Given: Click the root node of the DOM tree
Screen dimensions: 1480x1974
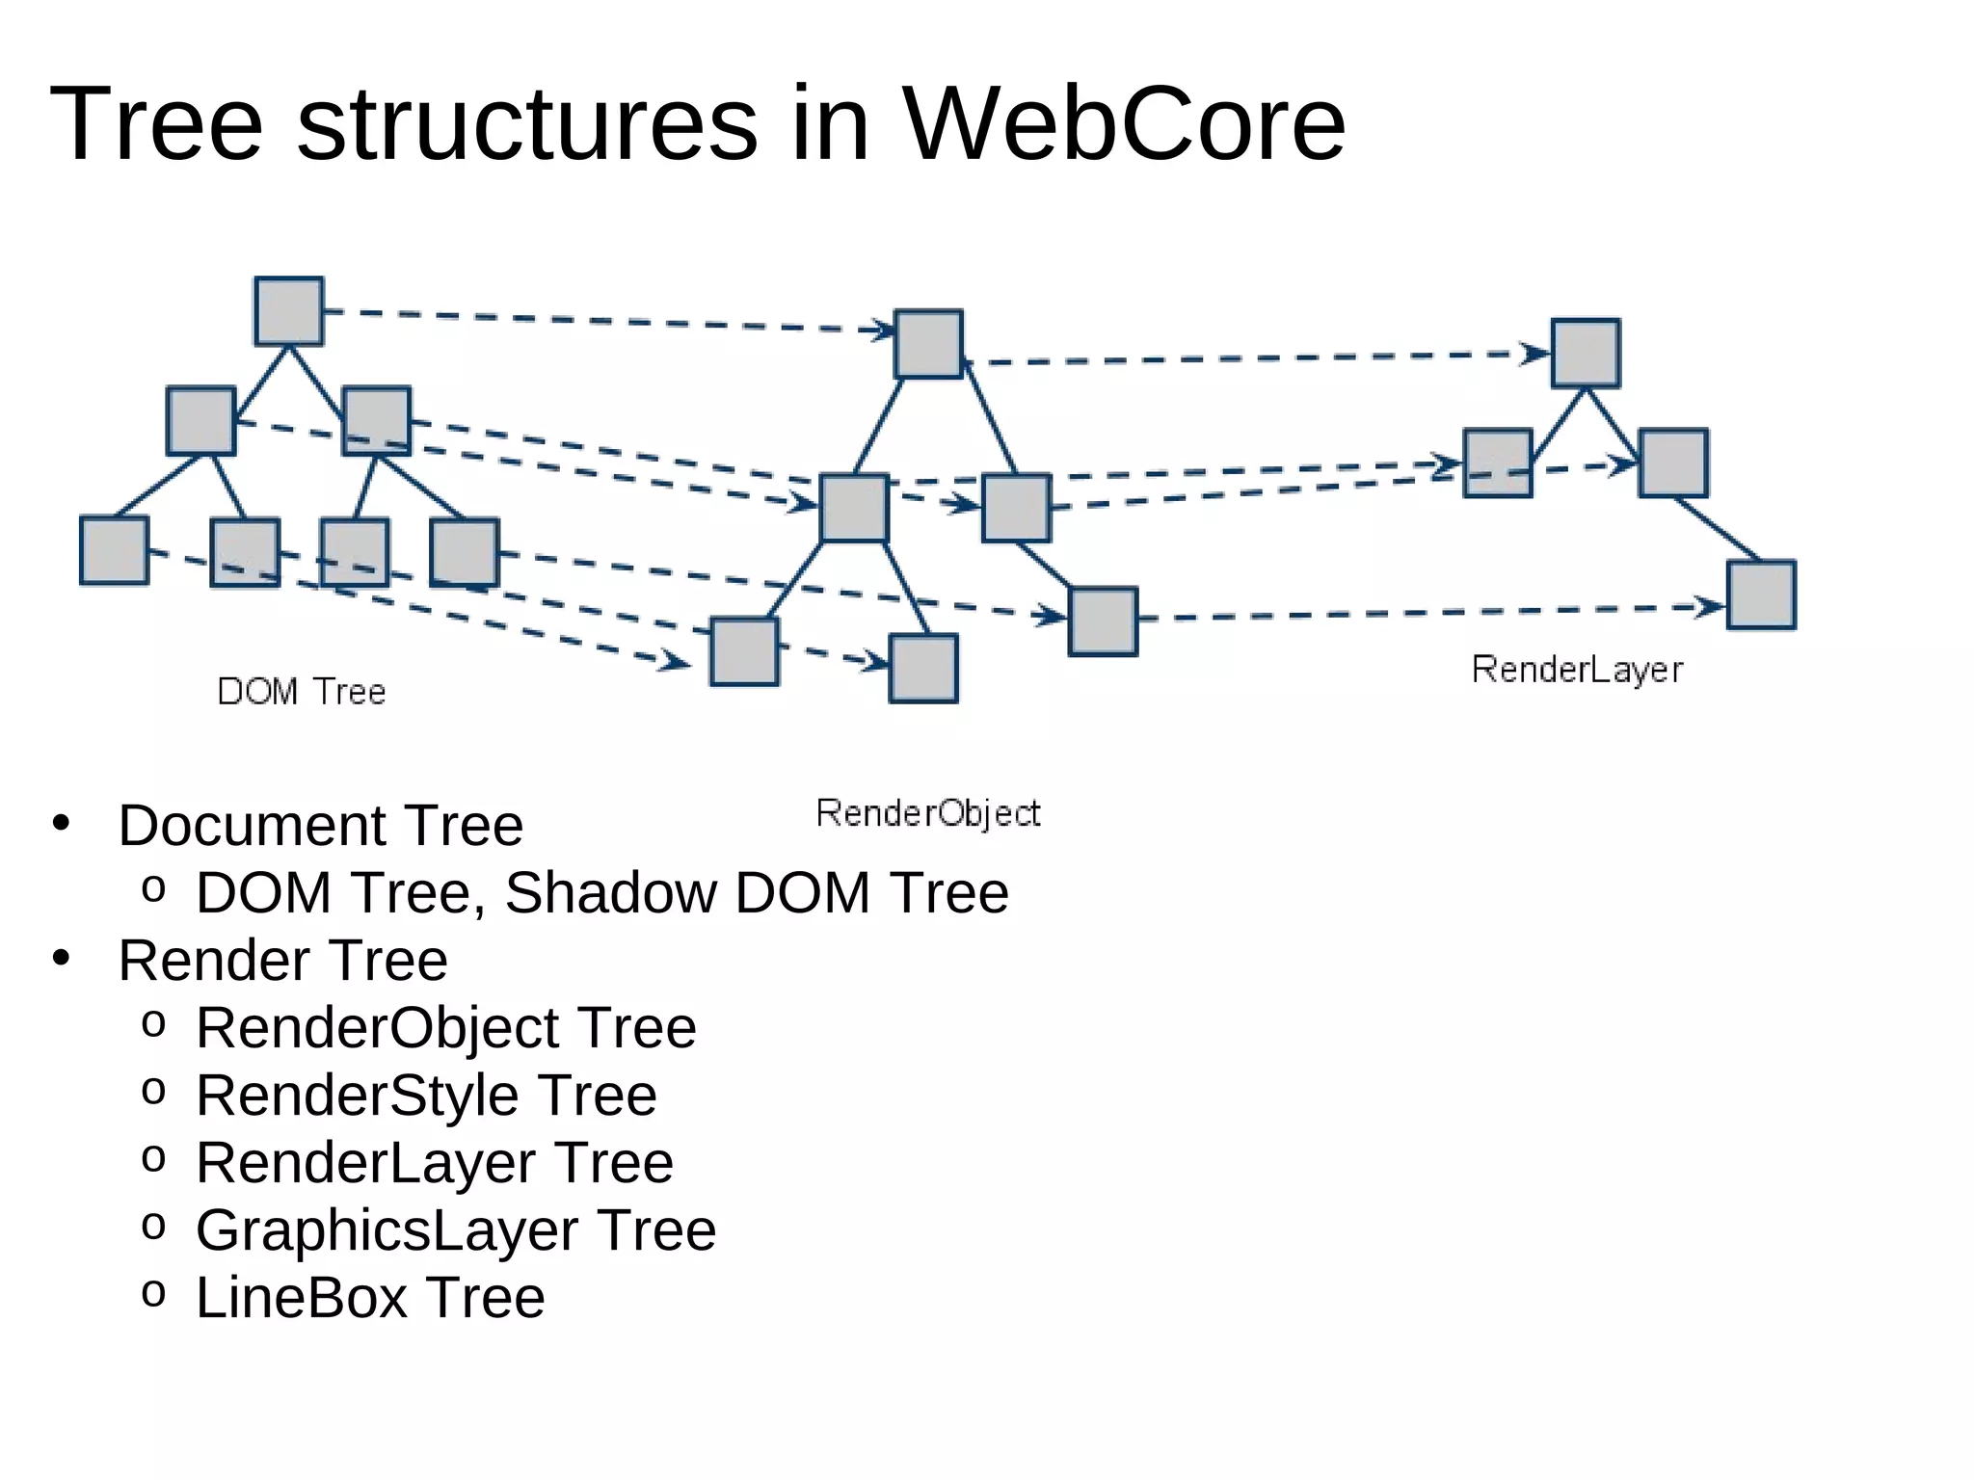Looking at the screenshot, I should [288, 311].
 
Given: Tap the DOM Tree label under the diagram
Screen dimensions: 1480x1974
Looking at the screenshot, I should [302, 692].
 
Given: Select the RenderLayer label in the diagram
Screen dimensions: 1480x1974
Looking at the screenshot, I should [1577, 670].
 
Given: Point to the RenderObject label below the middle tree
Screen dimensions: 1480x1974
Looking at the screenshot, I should [928, 813].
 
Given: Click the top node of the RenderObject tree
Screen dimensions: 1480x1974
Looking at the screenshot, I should [928, 344].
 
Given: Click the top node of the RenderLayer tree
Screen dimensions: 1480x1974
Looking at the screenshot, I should [1586, 354].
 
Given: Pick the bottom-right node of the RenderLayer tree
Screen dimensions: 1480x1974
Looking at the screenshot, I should [1761, 595].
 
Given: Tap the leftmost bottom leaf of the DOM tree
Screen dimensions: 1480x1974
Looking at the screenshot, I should [114, 550].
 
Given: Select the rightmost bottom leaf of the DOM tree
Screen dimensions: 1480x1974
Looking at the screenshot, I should [464, 552].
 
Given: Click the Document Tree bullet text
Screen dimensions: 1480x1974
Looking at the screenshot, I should [320, 826].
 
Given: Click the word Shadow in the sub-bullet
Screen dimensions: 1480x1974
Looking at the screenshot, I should [611, 892].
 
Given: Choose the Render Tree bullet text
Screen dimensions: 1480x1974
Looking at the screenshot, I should [282, 961].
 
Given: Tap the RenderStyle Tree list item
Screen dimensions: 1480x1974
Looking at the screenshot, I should [426, 1096].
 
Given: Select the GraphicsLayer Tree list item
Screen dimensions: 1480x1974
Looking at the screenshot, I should [456, 1230].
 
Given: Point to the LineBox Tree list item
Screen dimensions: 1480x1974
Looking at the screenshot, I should [370, 1298].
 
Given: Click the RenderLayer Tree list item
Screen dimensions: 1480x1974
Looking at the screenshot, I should [434, 1163].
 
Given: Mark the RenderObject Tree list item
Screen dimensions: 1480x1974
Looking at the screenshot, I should [445, 1028].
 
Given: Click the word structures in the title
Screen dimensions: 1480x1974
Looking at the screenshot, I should [527, 125].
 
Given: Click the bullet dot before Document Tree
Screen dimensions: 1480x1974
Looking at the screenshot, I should [62, 824].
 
